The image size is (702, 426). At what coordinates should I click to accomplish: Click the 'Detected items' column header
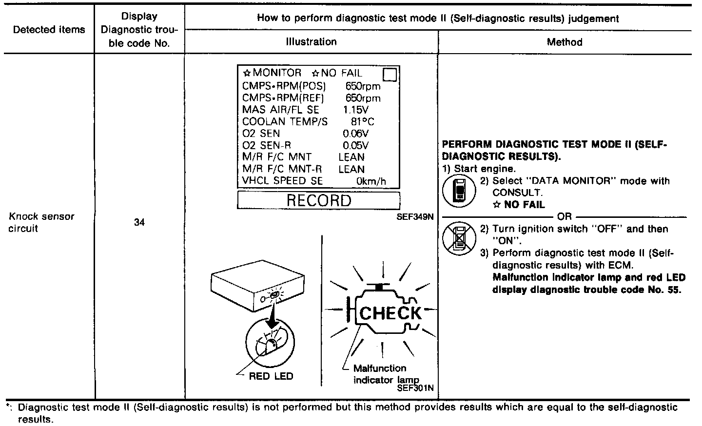click(x=49, y=30)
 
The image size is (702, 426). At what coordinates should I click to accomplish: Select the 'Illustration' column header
click(x=311, y=42)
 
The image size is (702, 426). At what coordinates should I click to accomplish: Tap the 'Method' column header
click(x=565, y=42)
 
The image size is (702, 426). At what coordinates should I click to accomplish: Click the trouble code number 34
click(x=139, y=222)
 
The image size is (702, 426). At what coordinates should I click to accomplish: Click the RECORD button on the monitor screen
click(x=318, y=201)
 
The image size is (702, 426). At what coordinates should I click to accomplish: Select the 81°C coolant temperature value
click(x=362, y=121)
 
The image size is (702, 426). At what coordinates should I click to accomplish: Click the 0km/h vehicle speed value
click(x=370, y=181)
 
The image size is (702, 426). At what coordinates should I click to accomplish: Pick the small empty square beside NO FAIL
click(x=390, y=75)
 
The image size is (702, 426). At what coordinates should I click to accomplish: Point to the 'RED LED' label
click(x=271, y=376)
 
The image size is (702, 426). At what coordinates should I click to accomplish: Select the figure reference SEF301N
click(x=415, y=388)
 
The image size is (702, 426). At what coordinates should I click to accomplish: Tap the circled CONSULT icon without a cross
click(x=458, y=190)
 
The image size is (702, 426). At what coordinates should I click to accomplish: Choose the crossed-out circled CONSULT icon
click(x=458, y=239)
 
